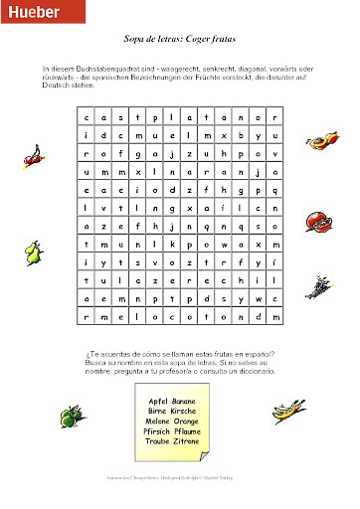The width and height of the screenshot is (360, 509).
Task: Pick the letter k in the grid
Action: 174,244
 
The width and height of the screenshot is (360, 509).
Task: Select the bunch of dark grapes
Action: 319,287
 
